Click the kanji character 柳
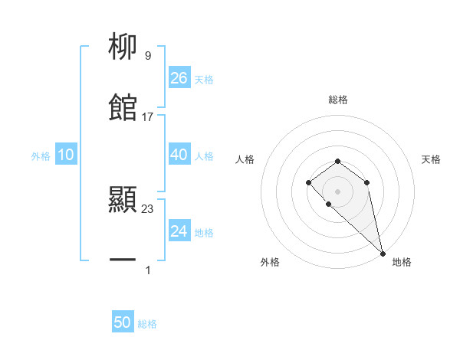pyautogui.click(x=123, y=48)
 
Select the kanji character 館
pyautogui.click(x=123, y=109)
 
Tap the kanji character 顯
pyautogui.click(x=123, y=201)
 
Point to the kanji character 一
pyautogui.click(x=123, y=261)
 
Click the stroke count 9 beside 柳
pyautogui.click(x=147, y=56)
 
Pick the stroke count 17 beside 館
pyautogui.click(x=148, y=117)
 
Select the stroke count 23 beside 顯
pyautogui.click(x=148, y=208)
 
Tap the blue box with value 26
pyautogui.click(x=179, y=78)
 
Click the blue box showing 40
pyautogui.click(x=179, y=155)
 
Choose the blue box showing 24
pyautogui.click(x=179, y=231)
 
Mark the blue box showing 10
pyautogui.click(x=66, y=155)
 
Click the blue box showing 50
pyautogui.click(x=123, y=322)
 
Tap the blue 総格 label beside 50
pyautogui.click(x=147, y=324)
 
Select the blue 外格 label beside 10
pyautogui.click(x=41, y=156)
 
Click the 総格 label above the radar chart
pyautogui.click(x=337, y=100)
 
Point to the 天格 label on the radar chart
pyautogui.click(x=431, y=159)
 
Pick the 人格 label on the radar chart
pyautogui.click(x=245, y=159)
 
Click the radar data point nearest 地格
pyautogui.click(x=382, y=253)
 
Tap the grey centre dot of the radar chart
pyautogui.click(x=337, y=191)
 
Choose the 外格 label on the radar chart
pyautogui.click(x=270, y=262)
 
